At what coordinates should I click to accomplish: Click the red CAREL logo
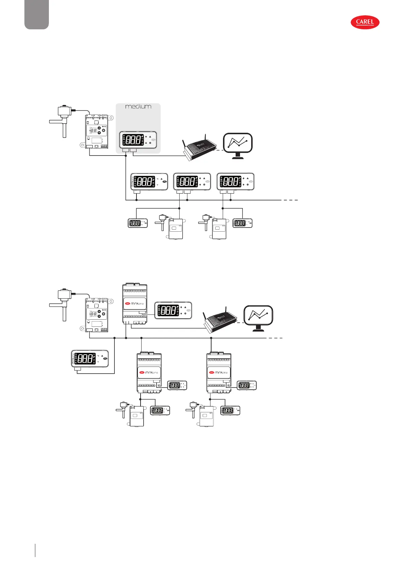point(365,22)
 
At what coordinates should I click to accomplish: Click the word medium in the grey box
point(138,107)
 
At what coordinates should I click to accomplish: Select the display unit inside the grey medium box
point(138,140)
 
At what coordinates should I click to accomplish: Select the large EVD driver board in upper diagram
point(97,131)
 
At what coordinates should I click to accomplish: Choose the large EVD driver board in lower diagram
point(97,314)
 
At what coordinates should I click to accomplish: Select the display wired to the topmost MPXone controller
point(173,310)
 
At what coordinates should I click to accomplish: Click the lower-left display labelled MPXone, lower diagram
point(90,358)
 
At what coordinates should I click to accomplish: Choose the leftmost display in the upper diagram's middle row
point(149,182)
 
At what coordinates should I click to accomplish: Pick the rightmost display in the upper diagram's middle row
point(235,182)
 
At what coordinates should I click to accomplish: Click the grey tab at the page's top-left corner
point(37,14)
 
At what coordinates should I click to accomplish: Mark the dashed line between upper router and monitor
point(219,150)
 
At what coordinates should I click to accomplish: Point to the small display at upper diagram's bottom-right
point(243,223)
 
